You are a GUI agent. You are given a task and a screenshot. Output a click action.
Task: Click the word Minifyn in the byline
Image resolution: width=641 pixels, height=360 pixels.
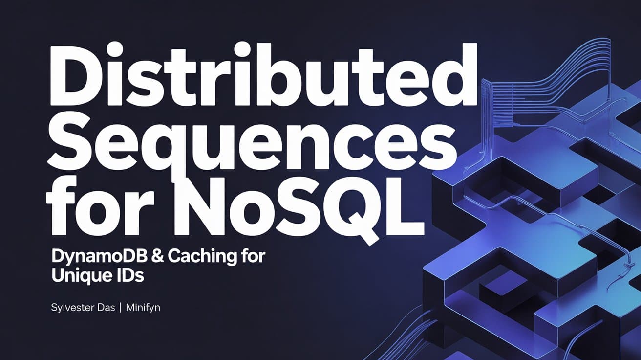pos(143,309)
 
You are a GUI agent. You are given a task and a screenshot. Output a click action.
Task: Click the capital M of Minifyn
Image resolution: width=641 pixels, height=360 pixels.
pos(132,309)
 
